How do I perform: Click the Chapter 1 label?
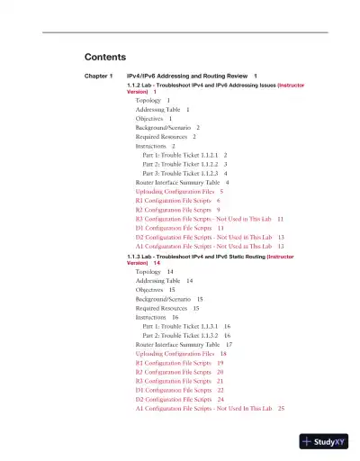tap(98, 76)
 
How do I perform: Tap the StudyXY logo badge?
tap(324, 441)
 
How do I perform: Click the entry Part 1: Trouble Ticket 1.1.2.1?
tap(181, 155)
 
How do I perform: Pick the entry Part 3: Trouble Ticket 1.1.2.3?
tap(181, 173)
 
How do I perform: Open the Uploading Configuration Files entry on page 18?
tap(176, 354)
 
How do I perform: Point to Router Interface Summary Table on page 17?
tap(177, 344)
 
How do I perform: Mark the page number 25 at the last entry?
tap(281, 409)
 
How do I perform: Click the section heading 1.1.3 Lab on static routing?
tap(207, 257)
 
